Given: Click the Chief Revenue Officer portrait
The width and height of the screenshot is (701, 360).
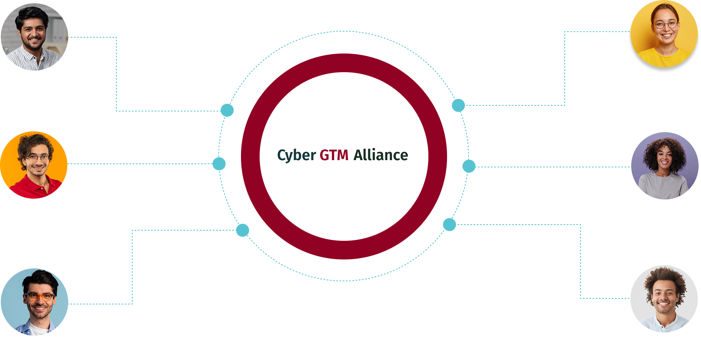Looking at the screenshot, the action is [x=34, y=37].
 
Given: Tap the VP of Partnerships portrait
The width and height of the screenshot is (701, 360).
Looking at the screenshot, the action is [x=34, y=165].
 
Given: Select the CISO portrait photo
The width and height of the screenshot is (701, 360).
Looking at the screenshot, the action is [x=34, y=302].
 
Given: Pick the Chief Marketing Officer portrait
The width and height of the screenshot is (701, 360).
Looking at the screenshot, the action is [x=664, y=34].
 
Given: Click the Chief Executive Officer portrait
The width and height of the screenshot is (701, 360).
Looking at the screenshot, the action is [x=664, y=166].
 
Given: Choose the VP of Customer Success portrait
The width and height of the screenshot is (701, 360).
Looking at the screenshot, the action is [x=664, y=299].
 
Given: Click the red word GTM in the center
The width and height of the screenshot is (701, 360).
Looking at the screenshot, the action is [x=334, y=155].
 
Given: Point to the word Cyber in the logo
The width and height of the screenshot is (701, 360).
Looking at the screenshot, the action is [x=296, y=156].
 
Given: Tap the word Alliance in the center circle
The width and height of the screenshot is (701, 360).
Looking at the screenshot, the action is [x=381, y=155].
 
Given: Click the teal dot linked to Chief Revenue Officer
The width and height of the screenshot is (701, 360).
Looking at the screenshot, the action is [x=227, y=110].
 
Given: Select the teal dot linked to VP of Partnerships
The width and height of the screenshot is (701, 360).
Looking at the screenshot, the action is [x=219, y=164].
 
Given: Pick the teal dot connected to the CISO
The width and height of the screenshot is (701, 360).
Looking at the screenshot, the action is [x=243, y=230].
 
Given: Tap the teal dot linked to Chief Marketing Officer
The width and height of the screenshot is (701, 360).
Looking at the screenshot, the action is [x=458, y=105].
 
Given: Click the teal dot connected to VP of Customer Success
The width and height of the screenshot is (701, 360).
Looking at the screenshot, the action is [x=449, y=225].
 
